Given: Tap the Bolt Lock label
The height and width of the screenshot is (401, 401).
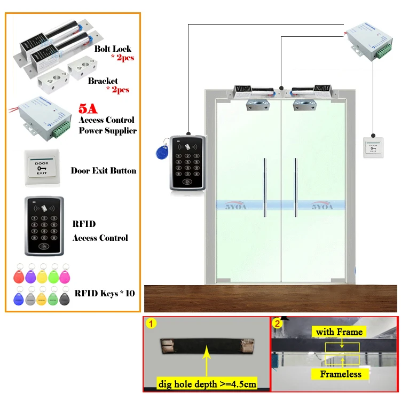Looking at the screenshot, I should pos(113,49).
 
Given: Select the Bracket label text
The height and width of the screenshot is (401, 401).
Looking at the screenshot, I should pos(103,81).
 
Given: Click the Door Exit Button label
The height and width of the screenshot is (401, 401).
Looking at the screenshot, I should pos(104,171).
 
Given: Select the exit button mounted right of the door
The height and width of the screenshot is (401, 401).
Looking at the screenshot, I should pos(373,147).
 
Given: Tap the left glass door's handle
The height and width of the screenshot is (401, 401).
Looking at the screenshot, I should pos(265,187).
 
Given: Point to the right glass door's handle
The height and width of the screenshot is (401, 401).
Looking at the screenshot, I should pos(295,187).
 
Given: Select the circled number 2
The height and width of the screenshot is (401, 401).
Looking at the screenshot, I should pos(277,323).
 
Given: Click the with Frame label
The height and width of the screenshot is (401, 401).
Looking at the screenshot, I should pos(339,332).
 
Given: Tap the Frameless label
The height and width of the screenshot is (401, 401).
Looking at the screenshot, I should pos(341,374).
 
